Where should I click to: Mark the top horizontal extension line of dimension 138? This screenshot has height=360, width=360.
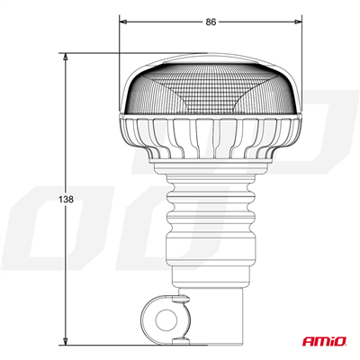tap(99, 53)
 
